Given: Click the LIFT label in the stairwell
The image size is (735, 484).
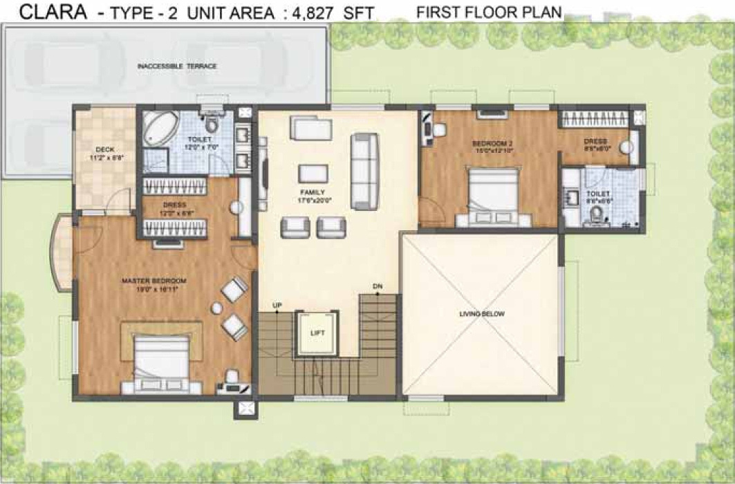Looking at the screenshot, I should click(317, 333).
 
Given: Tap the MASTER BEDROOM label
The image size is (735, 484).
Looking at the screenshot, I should click(154, 281).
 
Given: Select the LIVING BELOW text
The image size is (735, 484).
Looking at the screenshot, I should click(482, 314).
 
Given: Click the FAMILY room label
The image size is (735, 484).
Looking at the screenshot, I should click(313, 192).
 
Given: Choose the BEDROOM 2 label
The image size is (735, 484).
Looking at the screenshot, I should click(492, 144).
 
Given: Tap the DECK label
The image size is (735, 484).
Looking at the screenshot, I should click(105, 149).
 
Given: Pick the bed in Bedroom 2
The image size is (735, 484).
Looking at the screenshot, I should click(493, 196).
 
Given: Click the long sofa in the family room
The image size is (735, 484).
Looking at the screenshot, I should click(364, 171).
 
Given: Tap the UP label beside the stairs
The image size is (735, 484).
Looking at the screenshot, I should click(277, 304).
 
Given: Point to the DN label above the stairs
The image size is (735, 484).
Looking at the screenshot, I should click(377, 286).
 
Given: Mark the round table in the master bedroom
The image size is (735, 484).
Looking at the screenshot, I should click(217, 307).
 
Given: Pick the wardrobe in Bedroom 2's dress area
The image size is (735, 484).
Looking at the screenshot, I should click(595, 119).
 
